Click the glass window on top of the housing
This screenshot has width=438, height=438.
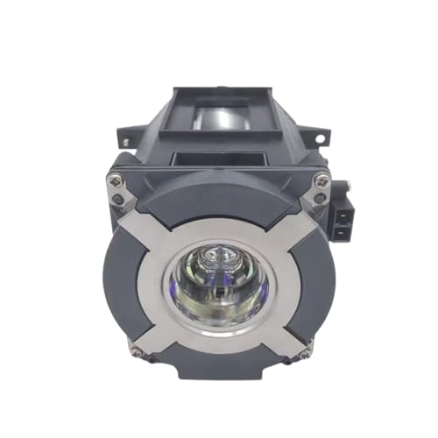pyautogui.click(x=223, y=110)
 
